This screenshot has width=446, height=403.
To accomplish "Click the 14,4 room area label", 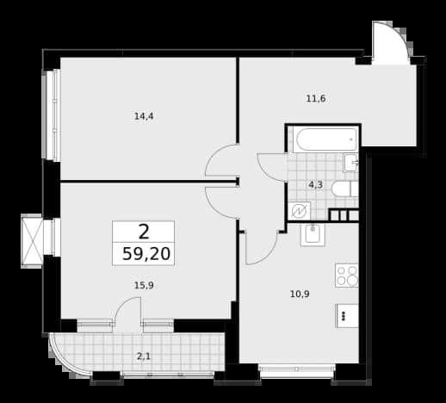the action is tap(144, 116).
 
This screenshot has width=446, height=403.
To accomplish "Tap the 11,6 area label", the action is tap(316, 99).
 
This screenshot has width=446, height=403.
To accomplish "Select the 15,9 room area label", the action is tap(144, 285).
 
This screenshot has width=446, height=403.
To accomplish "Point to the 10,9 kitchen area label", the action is tap(300, 294).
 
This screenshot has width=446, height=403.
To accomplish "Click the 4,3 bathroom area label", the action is tap(315, 185).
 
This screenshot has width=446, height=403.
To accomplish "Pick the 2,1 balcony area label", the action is tap(144, 356).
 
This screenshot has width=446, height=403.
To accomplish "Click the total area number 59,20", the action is tap(146, 254).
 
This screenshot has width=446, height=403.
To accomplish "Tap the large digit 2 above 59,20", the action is tap(144, 232).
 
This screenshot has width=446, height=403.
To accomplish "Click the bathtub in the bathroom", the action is tap(325, 140).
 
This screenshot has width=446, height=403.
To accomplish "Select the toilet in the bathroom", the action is tap(344, 189).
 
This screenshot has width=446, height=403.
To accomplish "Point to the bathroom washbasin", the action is tap(350, 163).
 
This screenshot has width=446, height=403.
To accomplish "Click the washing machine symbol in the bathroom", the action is tap(300, 211).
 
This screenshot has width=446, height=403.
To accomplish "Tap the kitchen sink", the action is tap(313, 235).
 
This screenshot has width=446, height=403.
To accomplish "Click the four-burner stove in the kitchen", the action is tap(346, 276).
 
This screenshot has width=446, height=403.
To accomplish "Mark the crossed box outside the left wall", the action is tap(32, 241).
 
